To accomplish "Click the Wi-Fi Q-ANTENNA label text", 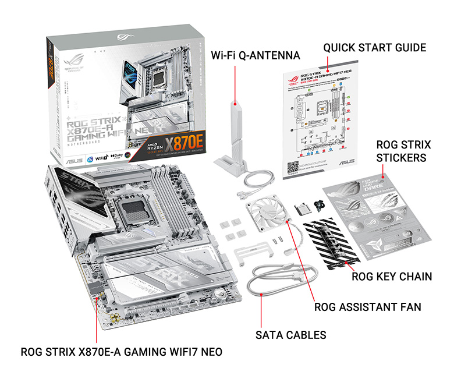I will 255,56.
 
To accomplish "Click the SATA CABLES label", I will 291,335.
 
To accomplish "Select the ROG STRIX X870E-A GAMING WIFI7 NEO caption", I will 121,352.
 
